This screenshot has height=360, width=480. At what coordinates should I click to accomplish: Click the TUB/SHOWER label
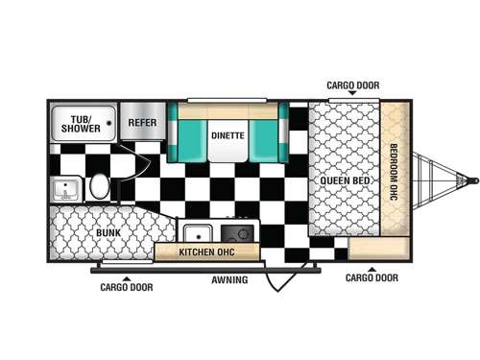[x=82, y=123]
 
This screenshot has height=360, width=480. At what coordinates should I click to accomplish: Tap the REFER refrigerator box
[x=143, y=123]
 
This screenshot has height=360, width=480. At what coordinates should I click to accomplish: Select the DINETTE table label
[x=228, y=135]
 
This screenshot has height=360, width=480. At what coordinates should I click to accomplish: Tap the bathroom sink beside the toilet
[x=66, y=187]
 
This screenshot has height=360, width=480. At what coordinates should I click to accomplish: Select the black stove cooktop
[x=235, y=233]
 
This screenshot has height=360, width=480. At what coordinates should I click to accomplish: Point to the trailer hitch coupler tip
[x=472, y=179]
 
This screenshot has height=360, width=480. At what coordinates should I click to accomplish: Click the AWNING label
[x=230, y=279]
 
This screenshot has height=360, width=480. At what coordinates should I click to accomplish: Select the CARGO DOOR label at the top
[x=353, y=84]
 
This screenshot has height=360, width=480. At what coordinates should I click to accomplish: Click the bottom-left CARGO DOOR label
[x=126, y=286]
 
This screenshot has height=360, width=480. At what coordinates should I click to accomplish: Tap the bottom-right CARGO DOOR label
[x=372, y=278]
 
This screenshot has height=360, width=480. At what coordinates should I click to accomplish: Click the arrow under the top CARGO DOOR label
[x=353, y=94]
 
